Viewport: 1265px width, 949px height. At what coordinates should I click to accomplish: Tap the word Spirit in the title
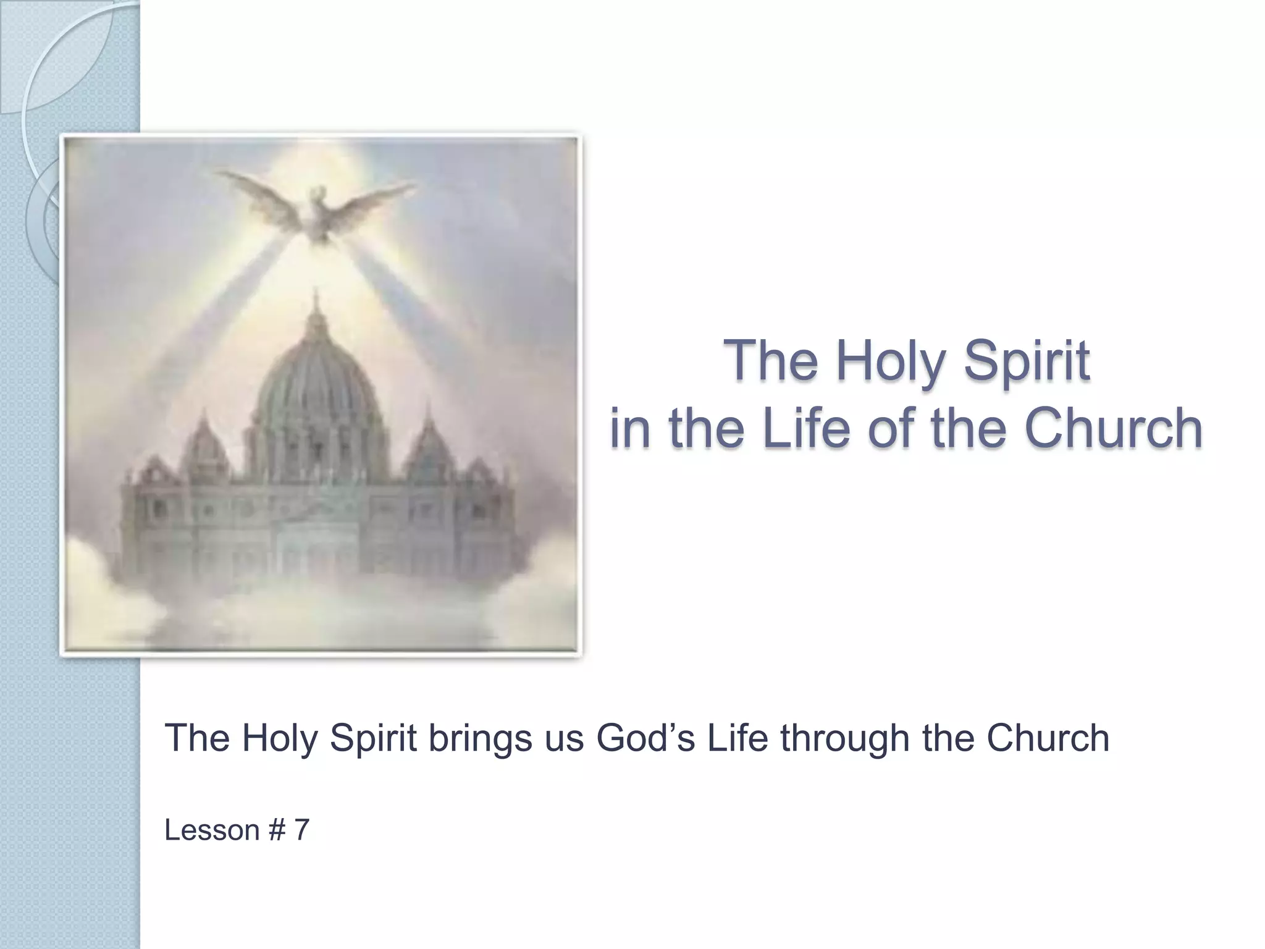[1027, 361]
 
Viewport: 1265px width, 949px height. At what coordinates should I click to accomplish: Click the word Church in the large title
[1114, 428]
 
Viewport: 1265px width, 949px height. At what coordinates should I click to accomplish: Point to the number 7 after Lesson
[301, 830]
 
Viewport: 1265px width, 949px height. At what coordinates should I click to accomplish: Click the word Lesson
[211, 830]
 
